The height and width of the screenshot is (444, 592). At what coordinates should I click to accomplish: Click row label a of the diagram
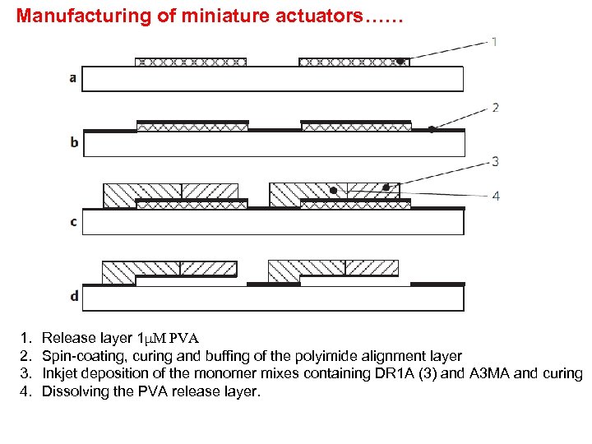pos(73,79)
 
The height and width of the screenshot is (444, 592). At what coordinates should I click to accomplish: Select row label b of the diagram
pos(74,143)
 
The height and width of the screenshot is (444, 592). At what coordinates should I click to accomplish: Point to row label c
pos(73,222)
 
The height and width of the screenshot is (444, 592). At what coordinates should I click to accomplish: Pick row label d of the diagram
pos(74,296)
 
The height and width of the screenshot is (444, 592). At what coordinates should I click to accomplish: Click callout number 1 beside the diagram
pos(494,41)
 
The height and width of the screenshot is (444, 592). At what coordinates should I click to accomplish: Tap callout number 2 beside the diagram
pos(495,107)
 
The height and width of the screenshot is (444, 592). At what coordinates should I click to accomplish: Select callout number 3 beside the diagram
pos(495,161)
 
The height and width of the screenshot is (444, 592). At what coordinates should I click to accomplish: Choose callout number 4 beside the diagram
pos(495,196)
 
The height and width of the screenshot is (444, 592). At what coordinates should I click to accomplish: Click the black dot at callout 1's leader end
pos(400,61)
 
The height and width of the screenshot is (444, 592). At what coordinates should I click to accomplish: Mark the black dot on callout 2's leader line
pos(432,129)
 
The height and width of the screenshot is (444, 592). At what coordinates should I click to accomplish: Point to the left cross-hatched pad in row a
pos(190,62)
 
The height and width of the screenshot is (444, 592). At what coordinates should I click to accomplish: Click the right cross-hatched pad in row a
pos(354,62)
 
